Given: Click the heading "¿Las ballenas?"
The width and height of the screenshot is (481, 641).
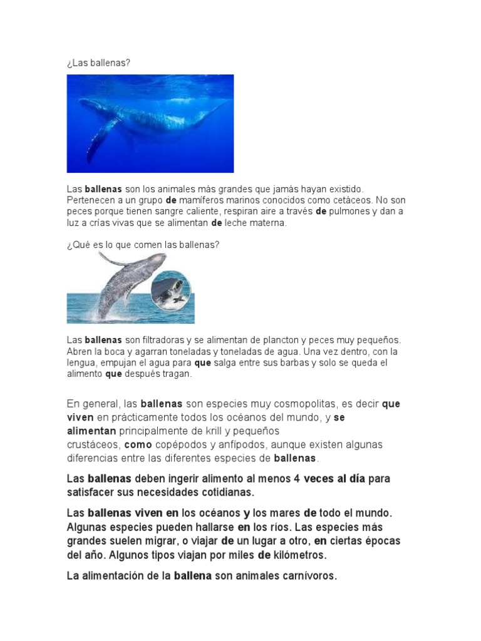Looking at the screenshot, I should click(x=99, y=63).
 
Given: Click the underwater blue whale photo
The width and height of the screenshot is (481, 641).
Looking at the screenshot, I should click(x=150, y=123).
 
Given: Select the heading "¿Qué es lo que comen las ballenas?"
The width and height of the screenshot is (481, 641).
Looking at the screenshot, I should click(x=143, y=244).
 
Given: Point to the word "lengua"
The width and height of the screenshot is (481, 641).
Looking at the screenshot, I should click(x=81, y=362).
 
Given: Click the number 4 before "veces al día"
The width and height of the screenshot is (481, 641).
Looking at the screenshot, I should click(x=296, y=479).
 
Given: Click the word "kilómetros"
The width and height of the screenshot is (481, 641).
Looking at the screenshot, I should click(x=295, y=555).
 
